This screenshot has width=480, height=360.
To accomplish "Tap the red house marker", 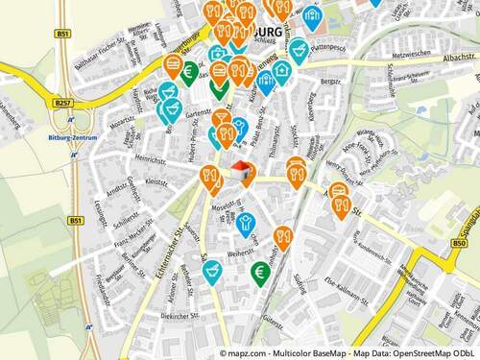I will coord(240,171).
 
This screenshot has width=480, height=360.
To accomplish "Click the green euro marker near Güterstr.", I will coord(259,273).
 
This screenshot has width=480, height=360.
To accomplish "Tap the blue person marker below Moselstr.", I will coord(247,224).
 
